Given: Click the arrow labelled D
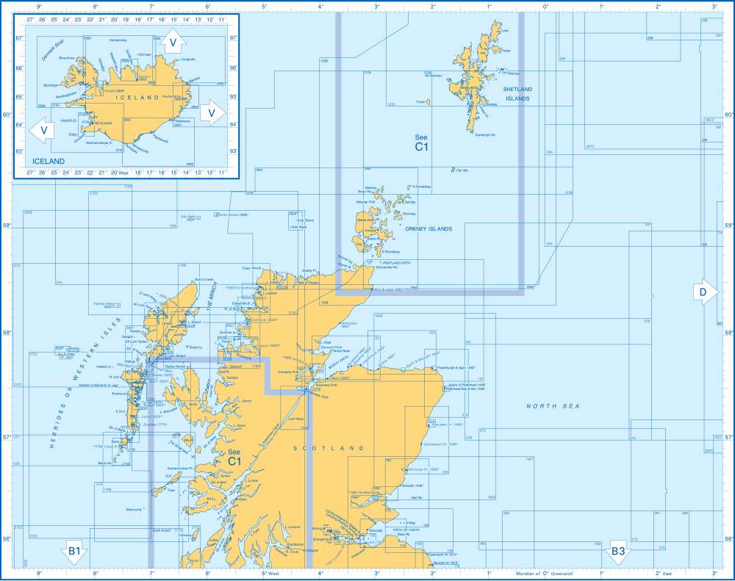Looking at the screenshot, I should (703, 292).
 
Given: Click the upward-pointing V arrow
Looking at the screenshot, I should (172, 43).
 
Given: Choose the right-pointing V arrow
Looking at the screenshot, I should (211, 112).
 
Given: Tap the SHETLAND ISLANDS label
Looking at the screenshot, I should (517, 93).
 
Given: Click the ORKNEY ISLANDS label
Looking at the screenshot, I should (429, 228).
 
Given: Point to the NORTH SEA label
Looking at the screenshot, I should (553, 406).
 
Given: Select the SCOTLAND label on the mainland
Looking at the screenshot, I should (329, 447).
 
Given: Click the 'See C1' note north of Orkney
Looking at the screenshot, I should (421, 142).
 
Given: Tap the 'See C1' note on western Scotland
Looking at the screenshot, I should (234, 457).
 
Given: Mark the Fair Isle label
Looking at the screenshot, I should (461, 170).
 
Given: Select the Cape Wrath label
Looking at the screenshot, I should (252, 268).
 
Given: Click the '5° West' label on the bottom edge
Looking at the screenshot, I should (269, 574).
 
